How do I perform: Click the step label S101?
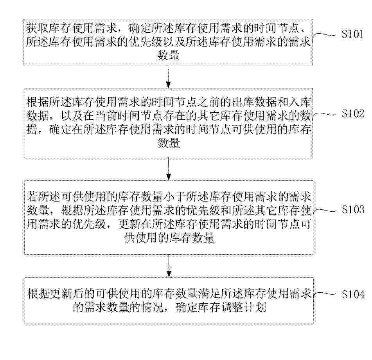pos(352,34)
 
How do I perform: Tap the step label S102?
pos(353,113)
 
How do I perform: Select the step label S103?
pos(353,209)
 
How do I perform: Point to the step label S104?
pos(353,294)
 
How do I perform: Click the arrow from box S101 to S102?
pos(168,77)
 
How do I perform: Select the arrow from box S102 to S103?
pos(169,169)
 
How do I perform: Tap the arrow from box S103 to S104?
pos(169,266)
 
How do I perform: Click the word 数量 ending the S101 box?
pos(168,56)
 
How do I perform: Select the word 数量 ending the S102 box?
pos(169,143)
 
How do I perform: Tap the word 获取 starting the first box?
pos(37,29)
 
